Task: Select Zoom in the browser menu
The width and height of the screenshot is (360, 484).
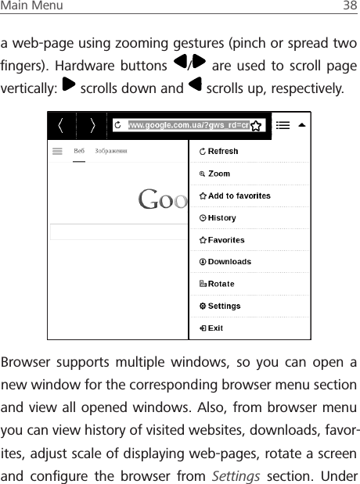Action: pos(215,174)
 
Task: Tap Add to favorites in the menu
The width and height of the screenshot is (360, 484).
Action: pos(235,195)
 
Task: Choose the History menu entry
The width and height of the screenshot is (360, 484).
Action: pos(218,218)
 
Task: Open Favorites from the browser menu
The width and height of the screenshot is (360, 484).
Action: pos(222,240)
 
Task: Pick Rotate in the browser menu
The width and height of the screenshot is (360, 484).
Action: pos(218,284)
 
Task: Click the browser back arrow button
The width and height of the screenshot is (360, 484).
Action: pos(63,126)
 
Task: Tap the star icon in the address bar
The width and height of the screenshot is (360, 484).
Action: pos(256,126)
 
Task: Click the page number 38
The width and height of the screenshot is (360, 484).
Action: pos(349,6)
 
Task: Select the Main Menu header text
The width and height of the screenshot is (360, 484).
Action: pos(32,6)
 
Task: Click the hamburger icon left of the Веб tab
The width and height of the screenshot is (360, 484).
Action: pos(57,152)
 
